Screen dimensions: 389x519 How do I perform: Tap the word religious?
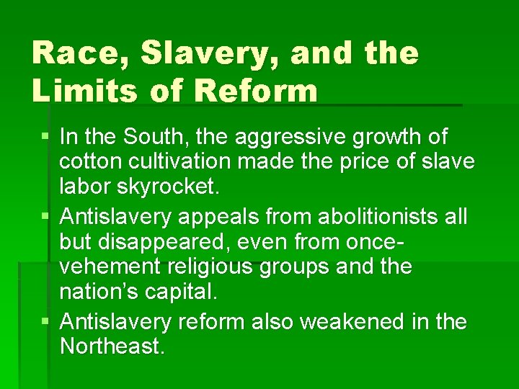coord(219,267)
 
